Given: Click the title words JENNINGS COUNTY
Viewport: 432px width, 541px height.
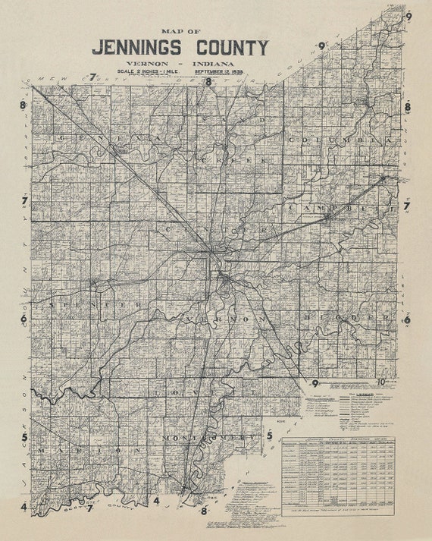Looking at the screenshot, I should pyautogui.click(x=180, y=48).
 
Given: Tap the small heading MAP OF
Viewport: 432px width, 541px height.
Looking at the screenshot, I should pyautogui.click(x=180, y=30).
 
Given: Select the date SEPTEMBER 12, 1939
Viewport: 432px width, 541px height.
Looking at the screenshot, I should pyautogui.click(x=224, y=72).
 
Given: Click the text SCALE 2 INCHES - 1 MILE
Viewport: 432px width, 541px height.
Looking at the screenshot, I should pyautogui.click(x=146, y=72).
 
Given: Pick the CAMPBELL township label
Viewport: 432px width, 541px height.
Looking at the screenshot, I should pyautogui.click(x=342, y=207).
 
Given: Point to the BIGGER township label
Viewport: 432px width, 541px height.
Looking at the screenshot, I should pyautogui.click(x=349, y=316).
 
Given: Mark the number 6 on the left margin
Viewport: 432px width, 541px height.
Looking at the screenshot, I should pyautogui.click(x=24, y=319).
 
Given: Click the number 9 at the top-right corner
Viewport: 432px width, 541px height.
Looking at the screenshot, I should pyautogui.click(x=408, y=15).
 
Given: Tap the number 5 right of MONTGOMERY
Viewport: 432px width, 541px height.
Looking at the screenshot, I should pyautogui.click(x=269, y=436).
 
